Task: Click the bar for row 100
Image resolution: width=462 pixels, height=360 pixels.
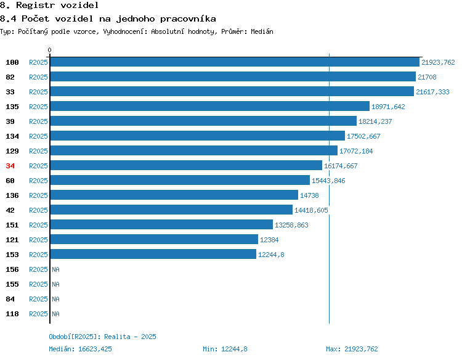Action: [x=235, y=62]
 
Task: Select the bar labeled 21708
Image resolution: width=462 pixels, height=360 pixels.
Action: [x=233, y=76]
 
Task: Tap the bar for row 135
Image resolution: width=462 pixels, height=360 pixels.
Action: [x=210, y=106]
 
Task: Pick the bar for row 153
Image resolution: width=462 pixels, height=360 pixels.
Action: [x=153, y=254]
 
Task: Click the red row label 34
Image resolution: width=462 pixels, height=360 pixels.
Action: [x=10, y=166]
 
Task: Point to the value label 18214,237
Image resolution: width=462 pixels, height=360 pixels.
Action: [x=375, y=121]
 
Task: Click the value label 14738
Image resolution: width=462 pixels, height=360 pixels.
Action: [x=309, y=195]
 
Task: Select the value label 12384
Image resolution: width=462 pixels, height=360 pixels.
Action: [x=269, y=240]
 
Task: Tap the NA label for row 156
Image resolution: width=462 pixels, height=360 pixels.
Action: [x=55, y=269]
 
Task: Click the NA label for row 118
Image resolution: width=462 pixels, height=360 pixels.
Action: [x=55, y=314]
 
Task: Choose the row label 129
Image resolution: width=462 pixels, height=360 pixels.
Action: [x=12, y=151]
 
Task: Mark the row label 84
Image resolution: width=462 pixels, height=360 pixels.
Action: [x=10, y=299]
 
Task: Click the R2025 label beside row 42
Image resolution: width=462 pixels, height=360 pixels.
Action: [x=38, y=210]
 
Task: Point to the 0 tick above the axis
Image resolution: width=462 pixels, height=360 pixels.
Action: [x=49, y=50]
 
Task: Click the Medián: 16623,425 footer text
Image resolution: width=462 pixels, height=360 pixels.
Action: [x=81, y=349]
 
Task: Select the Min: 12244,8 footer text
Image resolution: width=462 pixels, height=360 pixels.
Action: [x=225, y=349]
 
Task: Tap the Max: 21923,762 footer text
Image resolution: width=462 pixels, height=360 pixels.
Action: [x=352, y=349]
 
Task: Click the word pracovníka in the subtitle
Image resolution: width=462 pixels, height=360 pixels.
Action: [x=188, y=19]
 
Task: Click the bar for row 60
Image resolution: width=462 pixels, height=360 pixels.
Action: [x=180, y=180]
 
